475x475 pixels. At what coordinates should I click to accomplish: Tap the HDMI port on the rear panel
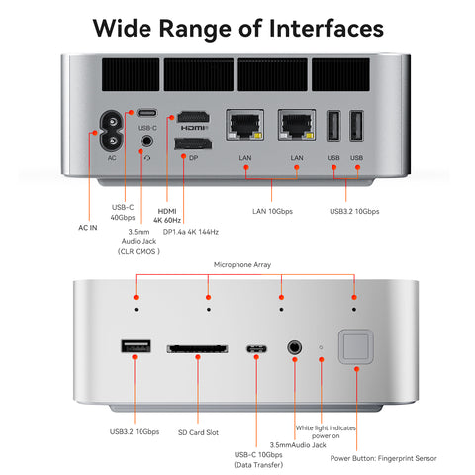point(192,119)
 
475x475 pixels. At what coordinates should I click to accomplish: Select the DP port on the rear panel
point(192,146)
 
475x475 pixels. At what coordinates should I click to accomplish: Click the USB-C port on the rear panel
point(146,113)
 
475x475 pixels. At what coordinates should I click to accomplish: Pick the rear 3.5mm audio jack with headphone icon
point(146,143)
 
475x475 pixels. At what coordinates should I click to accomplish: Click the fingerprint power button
point(354,347)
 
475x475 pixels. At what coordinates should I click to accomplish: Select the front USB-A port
point(136,348)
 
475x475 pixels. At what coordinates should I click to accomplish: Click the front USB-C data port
point(256,349)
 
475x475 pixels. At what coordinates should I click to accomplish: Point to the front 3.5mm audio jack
point(294,348)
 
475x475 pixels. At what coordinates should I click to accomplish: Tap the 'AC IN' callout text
point(88,226)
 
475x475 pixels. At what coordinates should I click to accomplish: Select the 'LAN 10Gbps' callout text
point(272,210)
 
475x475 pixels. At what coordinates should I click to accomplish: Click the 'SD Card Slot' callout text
point(197,432)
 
